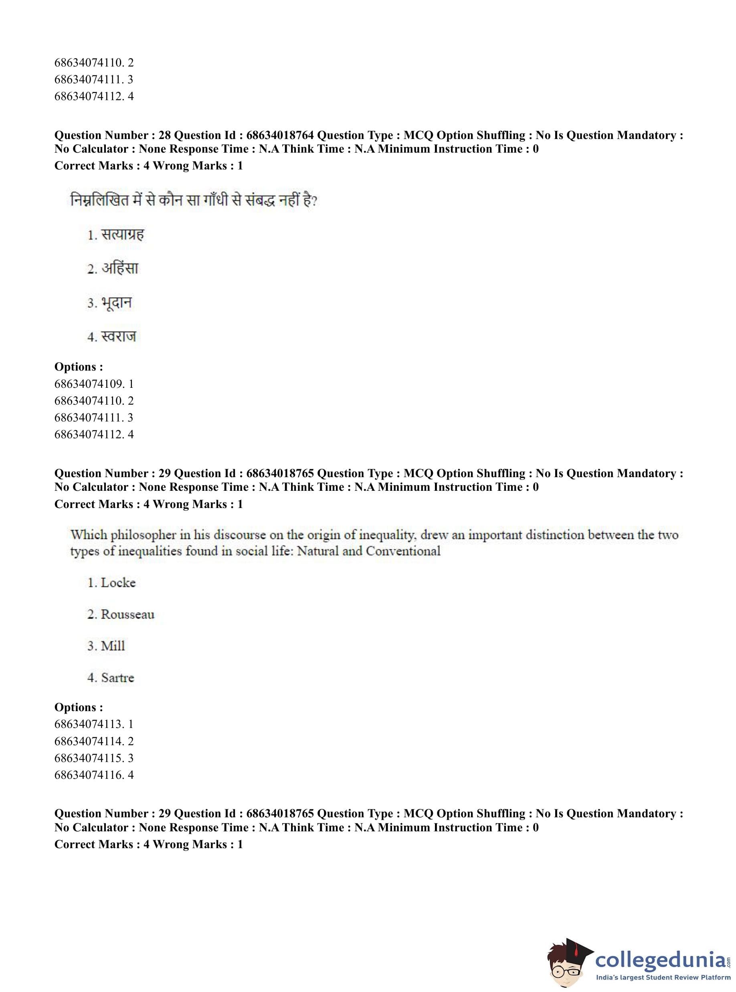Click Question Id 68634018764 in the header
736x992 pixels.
click(280, 135)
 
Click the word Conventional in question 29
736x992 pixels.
click(403, 551)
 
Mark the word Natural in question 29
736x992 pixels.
click(317, 551)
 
